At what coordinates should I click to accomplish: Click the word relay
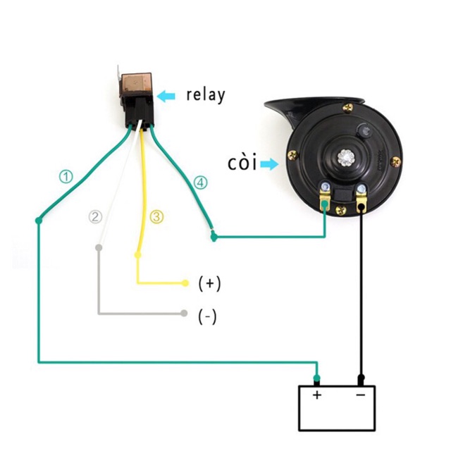[206, 95]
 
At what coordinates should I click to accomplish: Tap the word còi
[241, 163]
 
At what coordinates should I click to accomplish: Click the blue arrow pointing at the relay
[166, 96]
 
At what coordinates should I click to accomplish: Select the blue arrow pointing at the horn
[268, 164]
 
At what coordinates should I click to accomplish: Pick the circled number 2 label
[96, 216]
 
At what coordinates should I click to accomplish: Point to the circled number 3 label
[156, 216]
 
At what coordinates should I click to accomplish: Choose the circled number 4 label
[201, 183]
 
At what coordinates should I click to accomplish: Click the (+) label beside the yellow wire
[209, 283]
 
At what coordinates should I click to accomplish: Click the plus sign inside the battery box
[317, 395]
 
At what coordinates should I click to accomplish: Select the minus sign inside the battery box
[359, 395]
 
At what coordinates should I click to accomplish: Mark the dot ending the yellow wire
[185, 283]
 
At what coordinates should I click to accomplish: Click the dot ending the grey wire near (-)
[184, 313]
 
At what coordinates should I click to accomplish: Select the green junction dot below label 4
[214, 238]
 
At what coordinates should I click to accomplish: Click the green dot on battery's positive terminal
[317, 378]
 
